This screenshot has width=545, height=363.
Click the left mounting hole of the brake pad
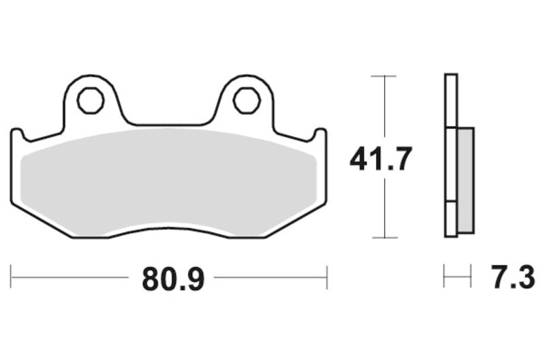(90, 100)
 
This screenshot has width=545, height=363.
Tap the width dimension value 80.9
(173, 279)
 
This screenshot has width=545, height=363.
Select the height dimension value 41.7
(381, 159)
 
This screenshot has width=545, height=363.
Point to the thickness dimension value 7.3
(512, 279)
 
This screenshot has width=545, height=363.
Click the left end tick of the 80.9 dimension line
(12, 277)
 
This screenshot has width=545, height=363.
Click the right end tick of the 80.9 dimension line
(328, 277)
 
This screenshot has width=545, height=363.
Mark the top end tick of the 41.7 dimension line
(385, 76)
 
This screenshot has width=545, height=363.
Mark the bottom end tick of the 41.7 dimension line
(385, 238)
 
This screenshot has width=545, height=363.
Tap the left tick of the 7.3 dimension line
(444, 277)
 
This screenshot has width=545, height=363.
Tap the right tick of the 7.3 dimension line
(471, 277)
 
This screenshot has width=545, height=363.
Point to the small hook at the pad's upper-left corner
(18, 133)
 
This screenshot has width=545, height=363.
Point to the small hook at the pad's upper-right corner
(320, 133)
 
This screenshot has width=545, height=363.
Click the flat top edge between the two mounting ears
(167, 125)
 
